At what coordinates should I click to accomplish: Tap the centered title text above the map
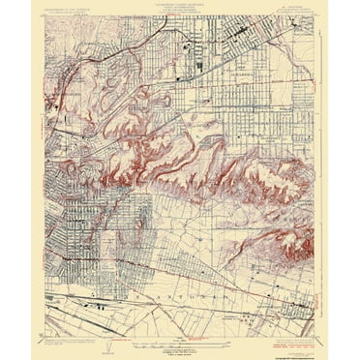[x=179, y=10]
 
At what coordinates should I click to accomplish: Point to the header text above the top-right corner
[x=287, y=10]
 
